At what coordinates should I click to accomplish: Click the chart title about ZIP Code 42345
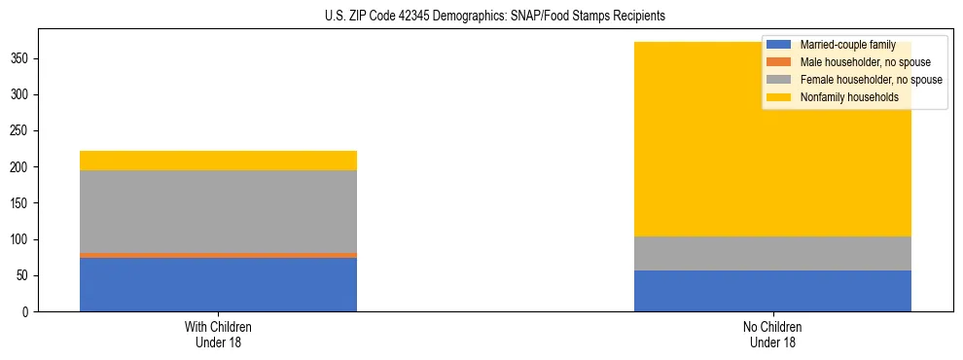point(495,17)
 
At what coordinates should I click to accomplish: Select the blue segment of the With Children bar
point(218,284)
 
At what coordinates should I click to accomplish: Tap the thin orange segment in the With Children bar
point(218,255)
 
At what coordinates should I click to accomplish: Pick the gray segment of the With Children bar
point(218,211)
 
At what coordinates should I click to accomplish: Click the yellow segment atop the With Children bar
point(218,161)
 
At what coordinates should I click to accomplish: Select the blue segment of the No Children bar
point(772,291)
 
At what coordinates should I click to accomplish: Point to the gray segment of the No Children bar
point(772,253)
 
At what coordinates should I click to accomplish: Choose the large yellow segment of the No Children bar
point(681,165)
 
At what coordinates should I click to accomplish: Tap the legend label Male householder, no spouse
point(861,62)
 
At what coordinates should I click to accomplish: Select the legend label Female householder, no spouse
point(871,80)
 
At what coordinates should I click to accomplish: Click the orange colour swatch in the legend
point(779,62)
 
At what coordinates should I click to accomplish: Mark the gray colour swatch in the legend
point(779,80)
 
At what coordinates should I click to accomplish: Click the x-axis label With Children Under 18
point(218,335)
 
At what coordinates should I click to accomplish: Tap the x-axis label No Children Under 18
point(772,335)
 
